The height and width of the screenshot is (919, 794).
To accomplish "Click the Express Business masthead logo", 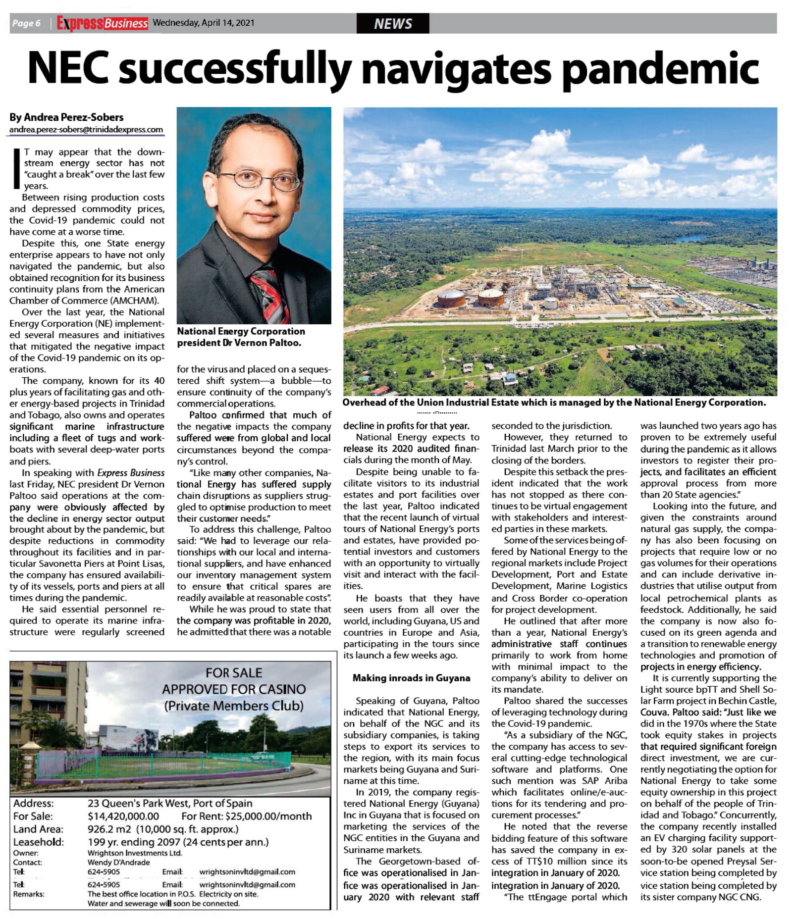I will tap(102, 23).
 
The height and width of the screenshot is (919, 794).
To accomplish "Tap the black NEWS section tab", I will tap(392, 23).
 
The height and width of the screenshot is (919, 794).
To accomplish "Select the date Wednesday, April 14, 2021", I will tap(204, 23).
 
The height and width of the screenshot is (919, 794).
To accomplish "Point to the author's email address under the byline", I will tap(86, 130).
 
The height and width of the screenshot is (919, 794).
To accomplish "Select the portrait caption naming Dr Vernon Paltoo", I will tap(241, 337).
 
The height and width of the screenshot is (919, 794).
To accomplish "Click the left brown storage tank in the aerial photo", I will tap(451, 298).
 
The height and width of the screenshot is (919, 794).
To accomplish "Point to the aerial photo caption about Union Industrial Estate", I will tap(554, 403).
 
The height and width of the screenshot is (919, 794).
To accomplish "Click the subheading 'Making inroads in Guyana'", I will tap(411, 678).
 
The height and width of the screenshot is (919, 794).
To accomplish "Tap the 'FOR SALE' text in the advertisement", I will tap(234, 673).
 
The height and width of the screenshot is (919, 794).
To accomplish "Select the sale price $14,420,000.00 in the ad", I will tap(123, 816).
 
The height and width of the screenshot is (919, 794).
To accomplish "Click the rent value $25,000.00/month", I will tap(268, 816).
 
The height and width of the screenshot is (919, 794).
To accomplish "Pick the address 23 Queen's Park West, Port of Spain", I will tap(170, 803).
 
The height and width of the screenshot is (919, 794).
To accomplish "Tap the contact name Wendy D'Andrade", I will tap(118, 862).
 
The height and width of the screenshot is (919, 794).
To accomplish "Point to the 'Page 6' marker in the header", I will tap(26, 23).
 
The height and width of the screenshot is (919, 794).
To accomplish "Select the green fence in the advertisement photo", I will tap(163, 765).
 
